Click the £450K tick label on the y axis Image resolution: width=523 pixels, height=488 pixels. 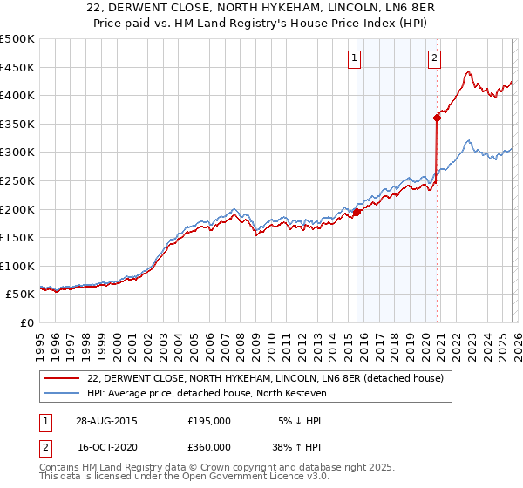point(17,67)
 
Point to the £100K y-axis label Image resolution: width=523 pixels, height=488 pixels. point(17,266)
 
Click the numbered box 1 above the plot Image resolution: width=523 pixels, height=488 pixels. point(356,59)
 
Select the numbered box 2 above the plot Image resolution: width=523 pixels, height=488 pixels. point(434,59)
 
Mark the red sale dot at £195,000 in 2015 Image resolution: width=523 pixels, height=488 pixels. point(357,212)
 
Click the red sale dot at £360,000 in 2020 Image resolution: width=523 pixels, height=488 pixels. point(437,118)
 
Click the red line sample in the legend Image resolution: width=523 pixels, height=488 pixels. point(62,378)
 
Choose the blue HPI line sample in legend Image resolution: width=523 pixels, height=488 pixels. point(62,393)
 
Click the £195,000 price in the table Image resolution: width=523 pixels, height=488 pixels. point(209,420)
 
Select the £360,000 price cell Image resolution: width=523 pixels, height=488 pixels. point(209,446)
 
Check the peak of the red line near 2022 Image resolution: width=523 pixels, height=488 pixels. point(469,71)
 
